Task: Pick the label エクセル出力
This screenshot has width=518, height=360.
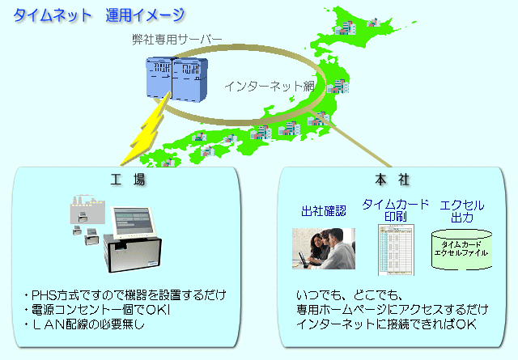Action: (461, 211)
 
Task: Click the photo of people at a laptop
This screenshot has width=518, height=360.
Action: (323, 248)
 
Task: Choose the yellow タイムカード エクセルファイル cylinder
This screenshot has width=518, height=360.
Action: (462, 248)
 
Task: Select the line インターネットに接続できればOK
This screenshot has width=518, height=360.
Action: (381, 324)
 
